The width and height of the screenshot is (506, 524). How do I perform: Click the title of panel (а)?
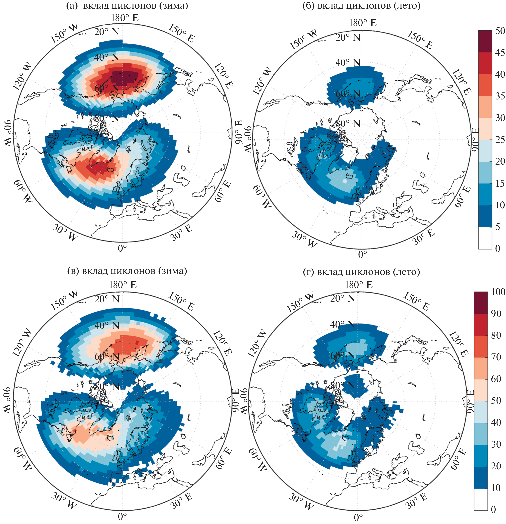tap(127, 6)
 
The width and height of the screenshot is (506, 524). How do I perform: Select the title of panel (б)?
tap(361, 6)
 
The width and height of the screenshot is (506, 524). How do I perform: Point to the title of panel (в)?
tap(127, 271)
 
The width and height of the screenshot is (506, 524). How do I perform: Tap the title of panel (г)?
tap(361, 272)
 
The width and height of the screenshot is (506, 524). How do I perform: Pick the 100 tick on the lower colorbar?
tap(498, 292)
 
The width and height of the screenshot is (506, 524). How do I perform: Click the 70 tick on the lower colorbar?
tap(496, 357)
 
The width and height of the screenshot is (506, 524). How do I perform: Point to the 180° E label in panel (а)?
tap(125, 18)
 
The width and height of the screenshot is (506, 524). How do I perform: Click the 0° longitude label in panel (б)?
tap(362, 254)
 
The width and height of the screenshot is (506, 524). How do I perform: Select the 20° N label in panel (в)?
tap(107, 299)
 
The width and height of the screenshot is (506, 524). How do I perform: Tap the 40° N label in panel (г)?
tap(342, 324)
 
